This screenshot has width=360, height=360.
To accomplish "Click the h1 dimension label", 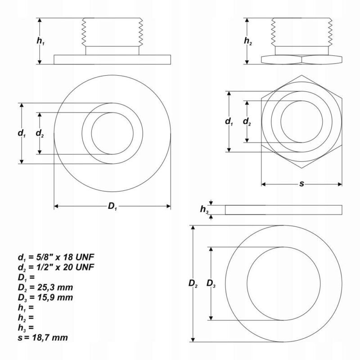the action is [x=40, y=41].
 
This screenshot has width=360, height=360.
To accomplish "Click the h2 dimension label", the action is [x=248, y=41].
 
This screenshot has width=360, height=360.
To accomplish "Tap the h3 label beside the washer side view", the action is [x=204, y=209].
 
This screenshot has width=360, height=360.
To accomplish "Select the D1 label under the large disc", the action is [x=112, y=207].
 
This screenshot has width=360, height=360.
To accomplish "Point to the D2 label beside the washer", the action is [x=193, y=283].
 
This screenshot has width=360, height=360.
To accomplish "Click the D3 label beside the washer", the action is [x=211, y=283].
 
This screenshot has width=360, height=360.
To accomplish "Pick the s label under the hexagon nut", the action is [x=301, y=184].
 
